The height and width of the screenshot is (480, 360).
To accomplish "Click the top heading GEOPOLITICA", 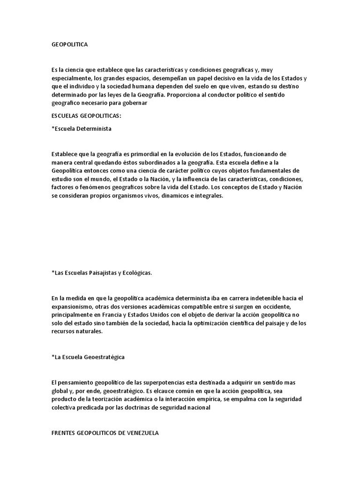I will (69, 45).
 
